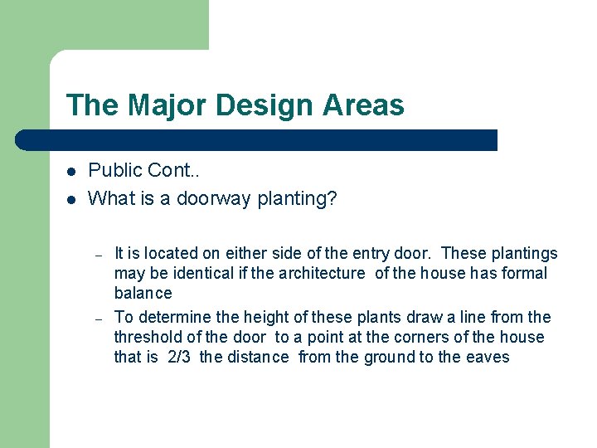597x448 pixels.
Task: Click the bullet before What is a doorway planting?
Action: (x=72, y=199)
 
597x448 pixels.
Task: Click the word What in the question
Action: (x=111, y=198)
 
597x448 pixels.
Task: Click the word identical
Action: (x=186, y=273)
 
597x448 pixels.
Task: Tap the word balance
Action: (x=143, y=293)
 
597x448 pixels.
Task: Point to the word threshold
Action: (x=147, y=337)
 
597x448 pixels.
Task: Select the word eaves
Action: (x=490, y=357)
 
